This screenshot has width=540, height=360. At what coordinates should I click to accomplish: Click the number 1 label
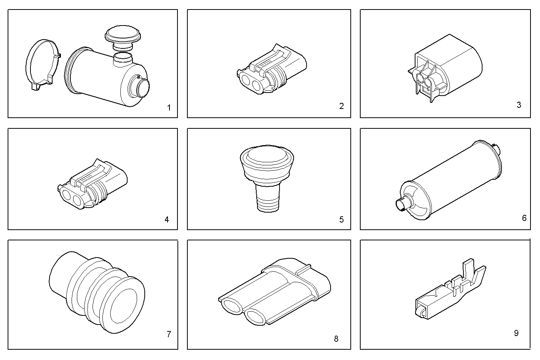[169, 108]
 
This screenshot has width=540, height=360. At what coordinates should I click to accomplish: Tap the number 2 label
[341, 106]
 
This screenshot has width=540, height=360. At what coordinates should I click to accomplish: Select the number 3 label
[519, 105]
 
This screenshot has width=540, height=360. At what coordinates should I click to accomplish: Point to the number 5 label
[341, 219]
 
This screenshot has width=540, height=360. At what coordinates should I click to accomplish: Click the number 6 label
[524, 218]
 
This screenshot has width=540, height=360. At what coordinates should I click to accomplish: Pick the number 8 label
[336, 339]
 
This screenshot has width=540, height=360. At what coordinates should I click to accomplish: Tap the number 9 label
[516, 333]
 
